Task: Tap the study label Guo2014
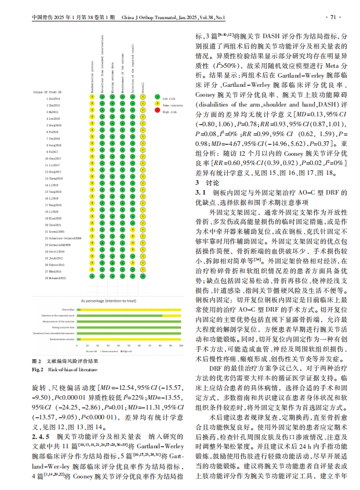point(54,99)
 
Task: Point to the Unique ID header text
point(41,92)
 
